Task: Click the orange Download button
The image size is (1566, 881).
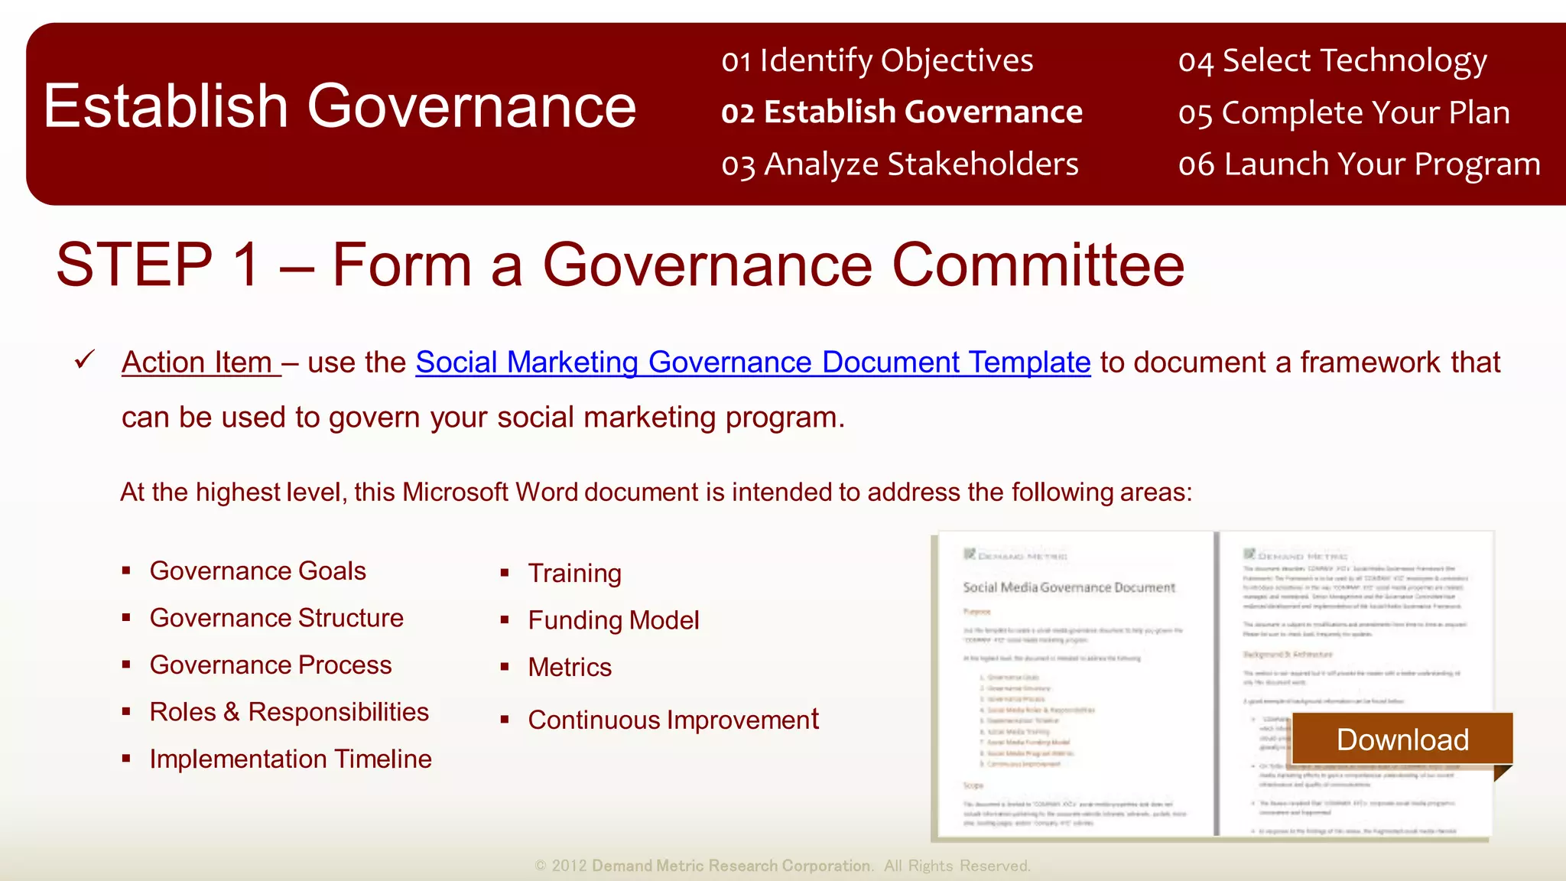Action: coord(1402,740)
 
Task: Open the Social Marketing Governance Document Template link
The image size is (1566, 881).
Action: coord(752,362)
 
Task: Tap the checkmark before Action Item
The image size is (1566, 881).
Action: coord(85,359)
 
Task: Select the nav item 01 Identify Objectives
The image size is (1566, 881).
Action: coord(877,60)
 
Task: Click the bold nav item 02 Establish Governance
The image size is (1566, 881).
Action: coord(902,112)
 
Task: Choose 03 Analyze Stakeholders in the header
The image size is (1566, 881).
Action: coord(899,164)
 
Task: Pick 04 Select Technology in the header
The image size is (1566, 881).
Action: coord(1332,60)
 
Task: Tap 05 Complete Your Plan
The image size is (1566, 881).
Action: coord(1343,112)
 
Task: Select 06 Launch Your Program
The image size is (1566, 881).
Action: coord(1359,164)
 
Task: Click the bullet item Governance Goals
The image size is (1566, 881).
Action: coord(258,571)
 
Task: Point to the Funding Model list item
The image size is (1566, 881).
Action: coord(613,620)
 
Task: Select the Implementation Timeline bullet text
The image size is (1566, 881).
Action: coord(291,759)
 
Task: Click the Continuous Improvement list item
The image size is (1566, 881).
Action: coord(673,720)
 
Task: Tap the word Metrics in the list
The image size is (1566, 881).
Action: coord(570,668)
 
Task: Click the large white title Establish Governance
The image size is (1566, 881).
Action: coord(340,106)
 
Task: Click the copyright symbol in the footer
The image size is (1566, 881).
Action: coord(541,866)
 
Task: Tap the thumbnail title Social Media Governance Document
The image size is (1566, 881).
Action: coord(1068,587)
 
